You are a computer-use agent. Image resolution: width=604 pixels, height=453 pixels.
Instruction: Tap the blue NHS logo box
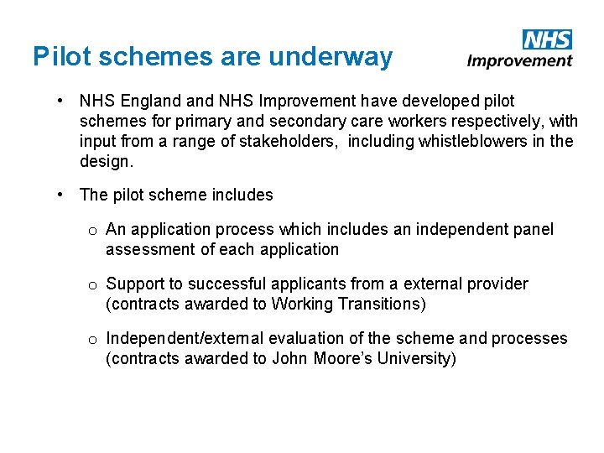pyautogui.click(x=547, y=39)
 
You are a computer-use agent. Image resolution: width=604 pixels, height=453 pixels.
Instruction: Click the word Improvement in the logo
pyautogui.click(x=520, y=60)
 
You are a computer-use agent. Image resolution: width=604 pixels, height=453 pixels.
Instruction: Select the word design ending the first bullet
pyautogui.click(x=104, y=161)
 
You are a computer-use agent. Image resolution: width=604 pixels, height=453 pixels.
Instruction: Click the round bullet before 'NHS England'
pyautogui.click(x=62, y=102)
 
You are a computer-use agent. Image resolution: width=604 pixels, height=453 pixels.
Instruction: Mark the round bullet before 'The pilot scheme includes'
pyautogui.click(x=62, y=195)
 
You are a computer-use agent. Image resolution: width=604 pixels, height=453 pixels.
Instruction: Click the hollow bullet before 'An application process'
pyautogui.click(x=93, y=230)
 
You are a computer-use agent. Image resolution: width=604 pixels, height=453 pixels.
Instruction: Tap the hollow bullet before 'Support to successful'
pyautogui.click(x=93, y=284)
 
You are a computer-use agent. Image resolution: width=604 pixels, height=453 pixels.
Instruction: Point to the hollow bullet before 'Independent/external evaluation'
pyautogui.click(x=93, y=339)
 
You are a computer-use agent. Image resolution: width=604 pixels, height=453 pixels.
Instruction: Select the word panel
pyautogui.click(x=533, y=229)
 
